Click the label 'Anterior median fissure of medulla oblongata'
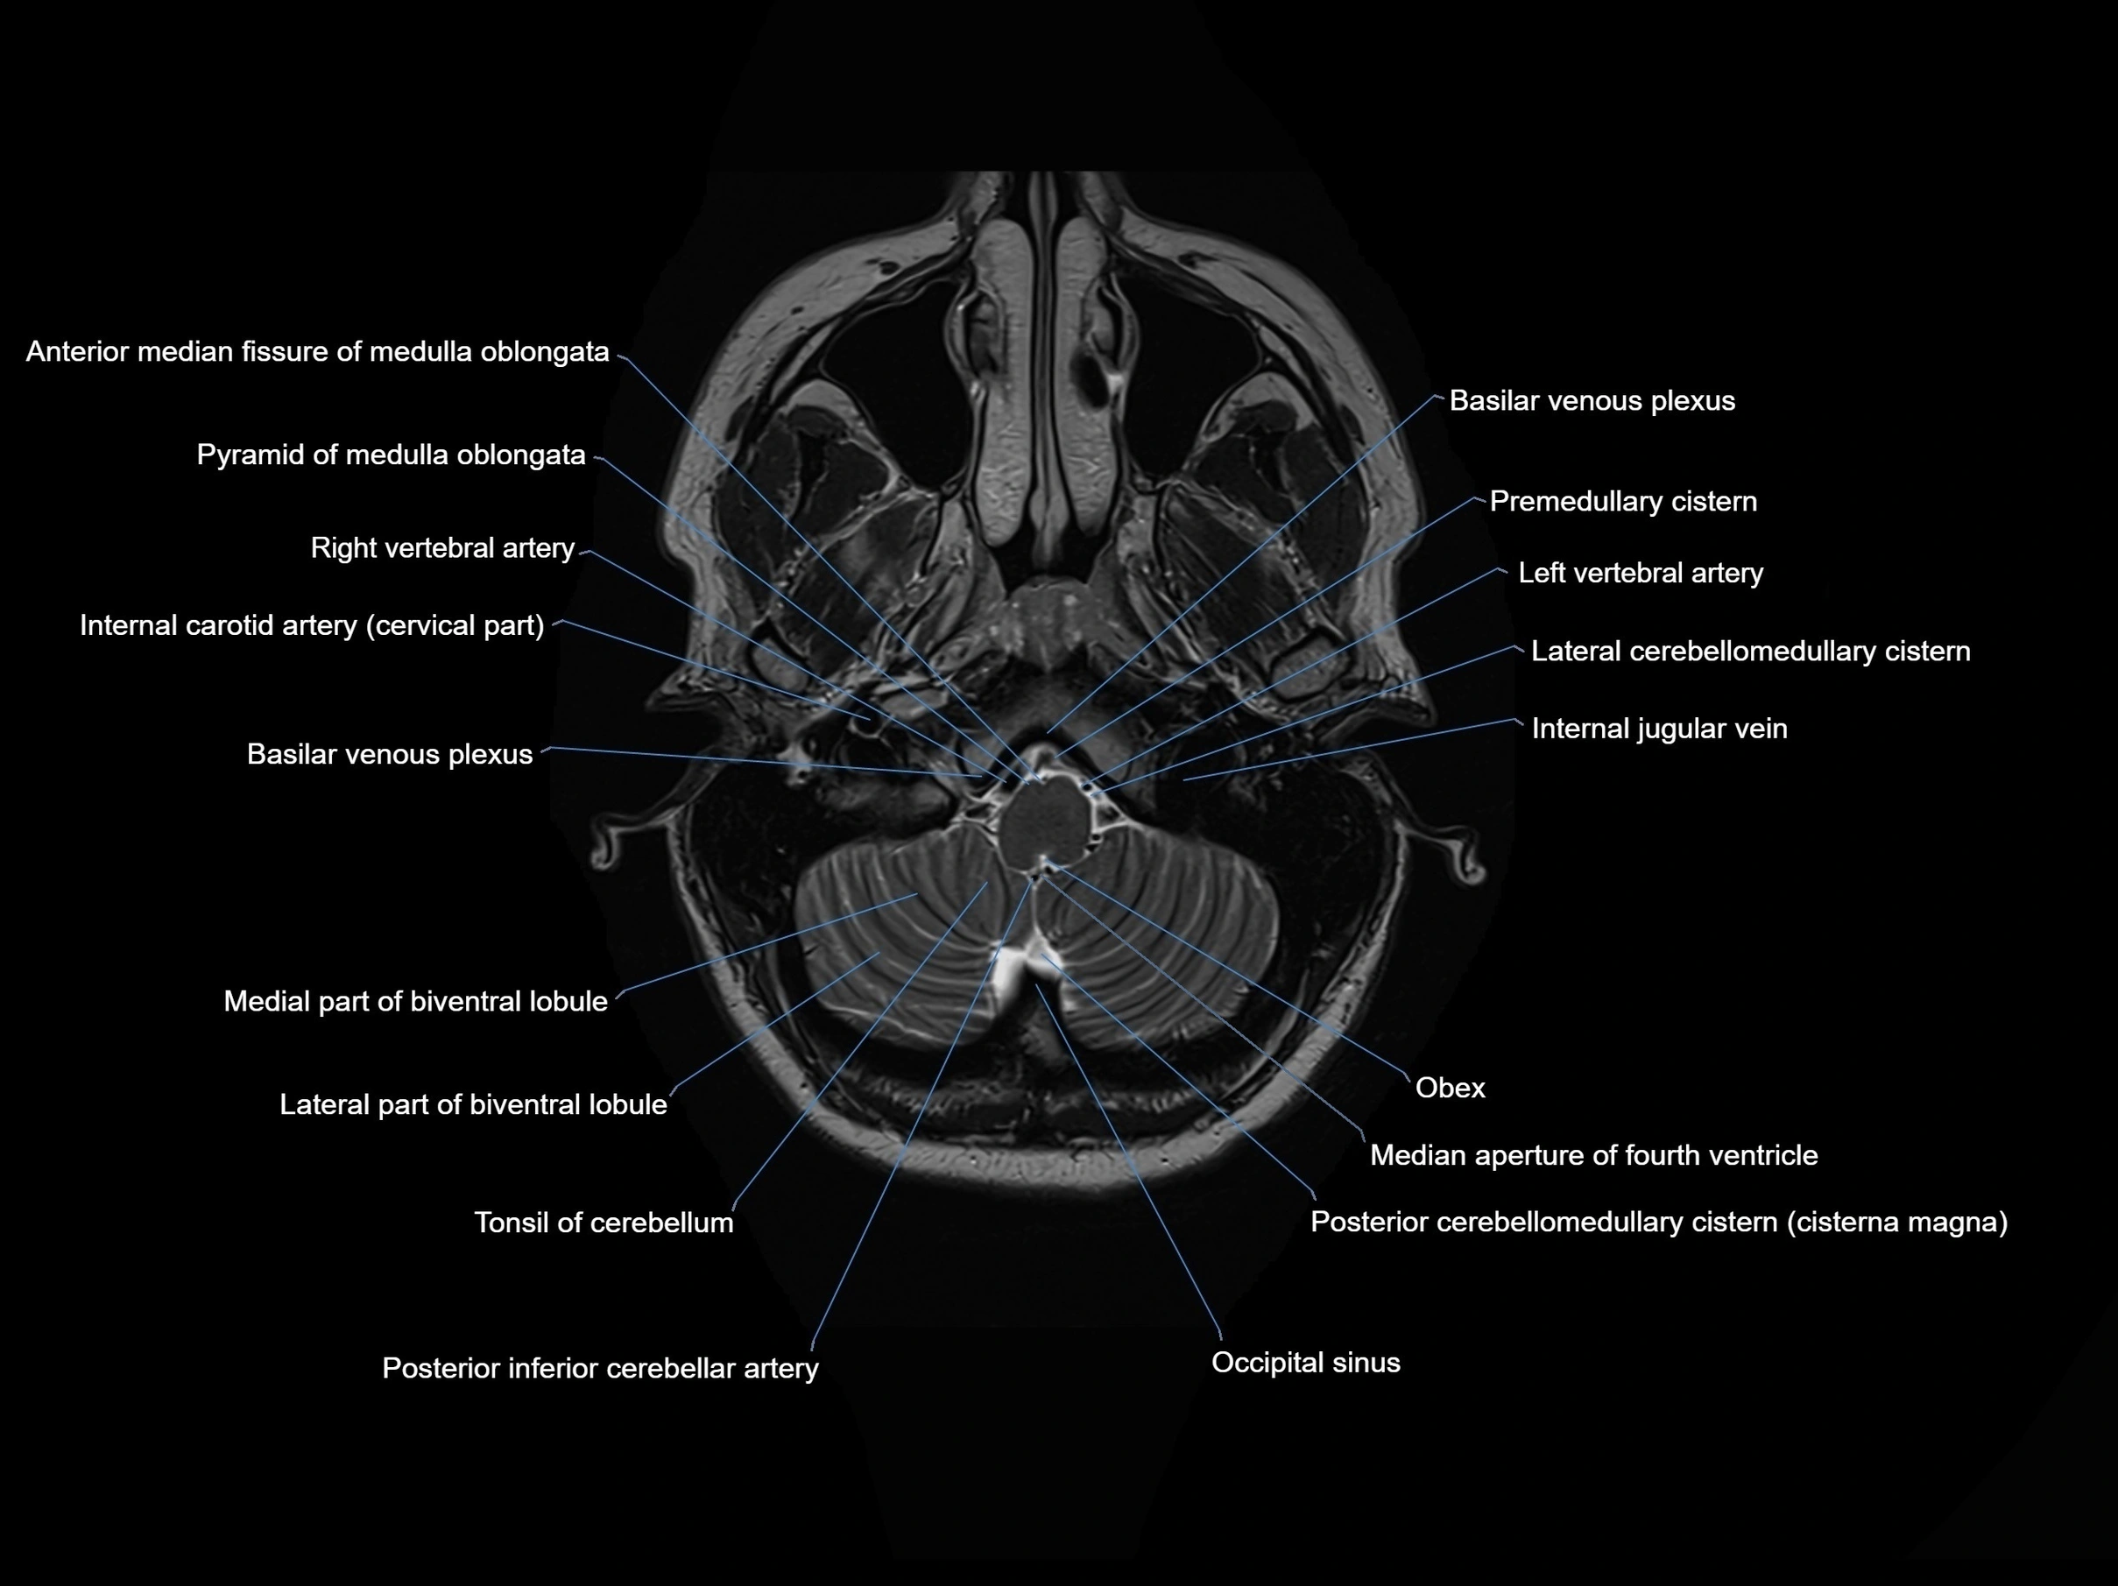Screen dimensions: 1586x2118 tap(317, 352)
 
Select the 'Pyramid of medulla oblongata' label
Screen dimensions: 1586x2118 tap(391, 455)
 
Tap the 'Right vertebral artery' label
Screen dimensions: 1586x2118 tap(442, 548)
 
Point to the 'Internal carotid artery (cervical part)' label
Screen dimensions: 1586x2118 tap(312, 626)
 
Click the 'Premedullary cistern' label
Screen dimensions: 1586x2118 tap(1623, 502)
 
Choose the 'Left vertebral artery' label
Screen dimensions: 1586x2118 tap(1641, 574)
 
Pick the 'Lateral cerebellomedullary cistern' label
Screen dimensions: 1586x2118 tap(1750, 652)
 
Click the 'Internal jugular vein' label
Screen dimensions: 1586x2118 tap(1659, 730)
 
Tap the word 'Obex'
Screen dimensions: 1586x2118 tap(1450, 1089)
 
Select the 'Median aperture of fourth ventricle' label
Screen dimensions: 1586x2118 tap(1593, 1156)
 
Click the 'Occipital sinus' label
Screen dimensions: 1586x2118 tap(1305, 1363)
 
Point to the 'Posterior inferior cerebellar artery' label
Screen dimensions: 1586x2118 tap(600, 1369)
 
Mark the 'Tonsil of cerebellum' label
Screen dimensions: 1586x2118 tap(604, 1223)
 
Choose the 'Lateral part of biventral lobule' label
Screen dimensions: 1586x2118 tap(473, 1105)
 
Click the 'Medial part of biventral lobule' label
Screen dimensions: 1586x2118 tap(415, 1002)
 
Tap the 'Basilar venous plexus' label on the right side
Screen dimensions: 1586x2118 tap(1592, 401)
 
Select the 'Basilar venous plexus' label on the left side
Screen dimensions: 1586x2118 tap(390, 755)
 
